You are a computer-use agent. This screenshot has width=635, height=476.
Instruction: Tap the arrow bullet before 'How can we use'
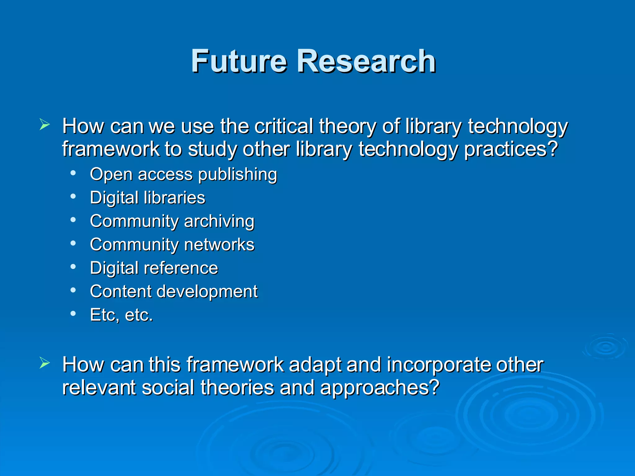(x=44, y=125)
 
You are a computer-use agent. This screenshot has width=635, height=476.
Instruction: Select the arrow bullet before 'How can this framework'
(x=44, y=363)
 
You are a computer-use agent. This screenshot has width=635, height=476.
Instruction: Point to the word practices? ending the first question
(x=511, y=149)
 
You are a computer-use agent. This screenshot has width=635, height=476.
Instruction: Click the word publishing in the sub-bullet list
(x=238, y=174)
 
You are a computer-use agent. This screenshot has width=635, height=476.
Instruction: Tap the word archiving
(x=219, y=221)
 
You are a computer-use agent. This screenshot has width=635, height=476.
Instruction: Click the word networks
(x=219, y=245)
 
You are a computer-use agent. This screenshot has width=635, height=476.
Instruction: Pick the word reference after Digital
(x=181, y=268)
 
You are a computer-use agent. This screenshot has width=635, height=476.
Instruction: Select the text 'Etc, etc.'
(x=122, y=315)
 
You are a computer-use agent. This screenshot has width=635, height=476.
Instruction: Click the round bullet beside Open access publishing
(x=73, y=173)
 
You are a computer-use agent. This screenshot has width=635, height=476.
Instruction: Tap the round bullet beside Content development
(x=73, y=290)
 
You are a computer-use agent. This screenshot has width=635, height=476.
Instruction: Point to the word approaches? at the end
(x=380, y=388)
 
